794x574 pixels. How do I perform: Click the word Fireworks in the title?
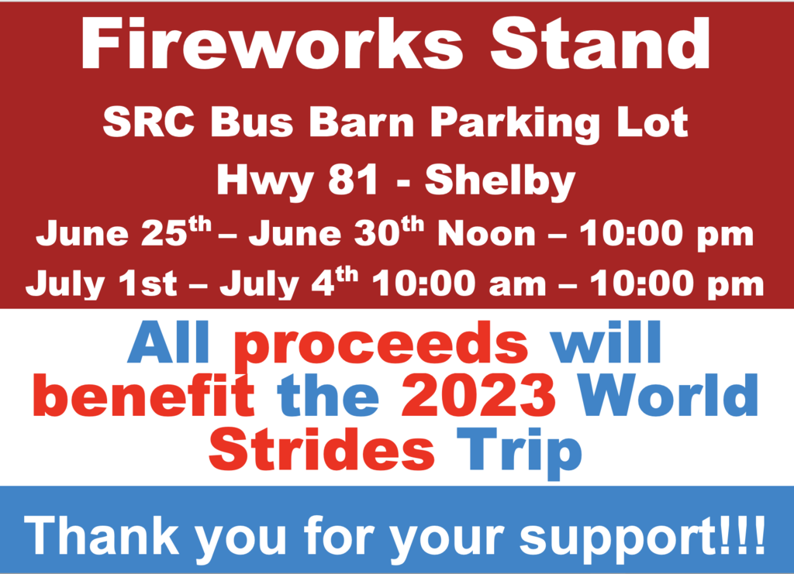[272, 44]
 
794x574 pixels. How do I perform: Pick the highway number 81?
[353, 180]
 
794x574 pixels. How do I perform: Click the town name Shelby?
[500, 182]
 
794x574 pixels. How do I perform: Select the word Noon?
[487, 234]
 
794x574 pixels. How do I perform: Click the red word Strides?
[322, 448]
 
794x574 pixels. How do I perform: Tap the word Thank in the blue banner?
[102, 535]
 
